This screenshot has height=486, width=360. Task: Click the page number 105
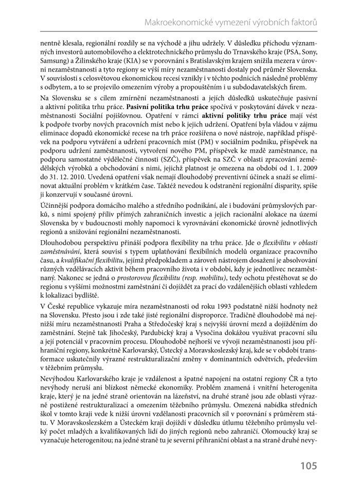[x=309, y=466]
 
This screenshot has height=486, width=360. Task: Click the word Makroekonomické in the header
[x=178, y=23]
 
